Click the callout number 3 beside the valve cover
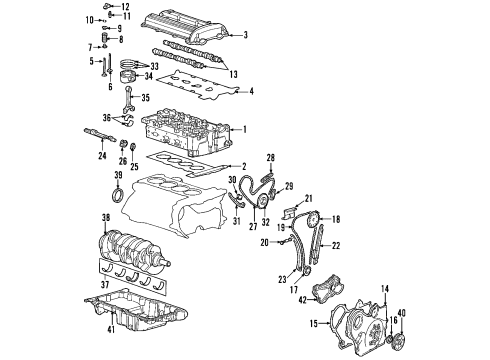pyautogui.click(x=246, y=35)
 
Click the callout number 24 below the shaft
pyautogui.click(x=101, y=155)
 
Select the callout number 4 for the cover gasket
pyautogui.click(x=250, y=91)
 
